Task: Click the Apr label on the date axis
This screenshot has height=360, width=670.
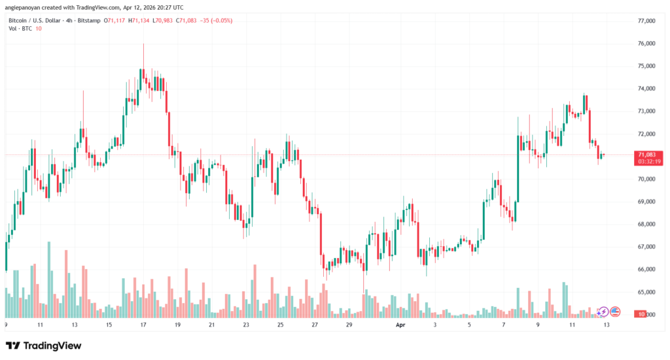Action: point(401,325)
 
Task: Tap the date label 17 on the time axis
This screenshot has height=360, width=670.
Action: point(142,325)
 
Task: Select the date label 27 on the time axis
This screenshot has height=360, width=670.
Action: point(315,325)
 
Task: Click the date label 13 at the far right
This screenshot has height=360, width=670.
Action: point(607,325)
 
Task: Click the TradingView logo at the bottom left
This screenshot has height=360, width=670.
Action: point(44,345)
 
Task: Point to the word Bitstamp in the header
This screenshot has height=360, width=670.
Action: point(89,21)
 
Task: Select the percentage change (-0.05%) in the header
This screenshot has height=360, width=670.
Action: point(220,21)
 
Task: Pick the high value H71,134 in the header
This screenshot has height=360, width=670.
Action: point(139,21)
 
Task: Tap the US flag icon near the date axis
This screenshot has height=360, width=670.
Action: point(615,312)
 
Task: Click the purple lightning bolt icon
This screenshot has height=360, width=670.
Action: point(603,312)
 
